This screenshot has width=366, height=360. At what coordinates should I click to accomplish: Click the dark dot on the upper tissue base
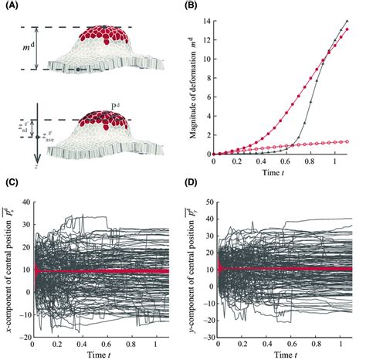pos(76,70)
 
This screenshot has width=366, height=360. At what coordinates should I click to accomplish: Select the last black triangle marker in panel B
pos(347,22)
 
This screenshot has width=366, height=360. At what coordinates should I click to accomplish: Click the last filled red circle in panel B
pos(347,30)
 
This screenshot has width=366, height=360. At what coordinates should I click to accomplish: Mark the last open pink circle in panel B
pos(347,141)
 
